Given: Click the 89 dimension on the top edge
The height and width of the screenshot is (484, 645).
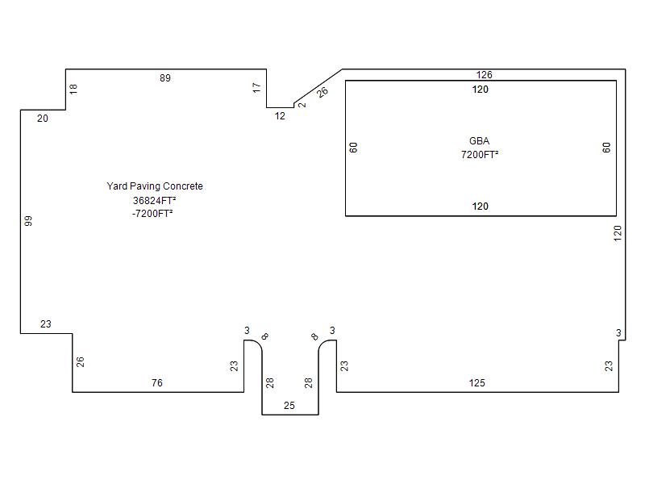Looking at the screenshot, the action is (x=165, y=77).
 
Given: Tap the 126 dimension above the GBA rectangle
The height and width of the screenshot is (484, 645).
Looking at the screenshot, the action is (x=485, y=74).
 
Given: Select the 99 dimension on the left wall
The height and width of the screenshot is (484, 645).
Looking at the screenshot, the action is (x=28, y=221).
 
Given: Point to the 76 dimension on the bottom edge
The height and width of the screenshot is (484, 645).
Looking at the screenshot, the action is (x=157, y=382).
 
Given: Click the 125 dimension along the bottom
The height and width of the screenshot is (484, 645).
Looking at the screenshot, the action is (x=476, y=382).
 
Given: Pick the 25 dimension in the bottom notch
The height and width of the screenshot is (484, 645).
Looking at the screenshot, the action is (x=289, y=406).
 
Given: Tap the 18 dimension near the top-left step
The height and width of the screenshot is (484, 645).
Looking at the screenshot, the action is (x=73, y=89).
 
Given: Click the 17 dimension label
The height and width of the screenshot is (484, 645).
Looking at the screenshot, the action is (x=256, y=88).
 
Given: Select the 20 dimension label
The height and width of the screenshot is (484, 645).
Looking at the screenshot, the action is (x=43, y=119).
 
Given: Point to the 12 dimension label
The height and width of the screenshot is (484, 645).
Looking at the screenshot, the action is (x=280, y=116).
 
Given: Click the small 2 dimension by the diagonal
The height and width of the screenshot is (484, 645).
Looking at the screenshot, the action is (x=302, y=105).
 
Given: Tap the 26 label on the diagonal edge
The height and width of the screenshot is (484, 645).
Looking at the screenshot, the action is (x=323, y=92).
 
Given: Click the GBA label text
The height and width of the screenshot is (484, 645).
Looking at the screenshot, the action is (x=479, y=140).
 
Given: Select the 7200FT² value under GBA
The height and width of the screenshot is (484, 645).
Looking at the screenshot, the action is (x=480, y=155).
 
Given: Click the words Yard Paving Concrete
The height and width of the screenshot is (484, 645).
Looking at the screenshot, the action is (x=155, y=186).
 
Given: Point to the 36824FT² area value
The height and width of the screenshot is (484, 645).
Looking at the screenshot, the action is (x=154, y=200).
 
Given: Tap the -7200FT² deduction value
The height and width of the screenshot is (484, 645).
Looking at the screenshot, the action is (x=152, y=214).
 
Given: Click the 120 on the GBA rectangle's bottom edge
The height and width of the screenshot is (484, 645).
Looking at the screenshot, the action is (x=480, y=207).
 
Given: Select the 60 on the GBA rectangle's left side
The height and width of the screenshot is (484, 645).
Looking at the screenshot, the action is (x=353, y=148).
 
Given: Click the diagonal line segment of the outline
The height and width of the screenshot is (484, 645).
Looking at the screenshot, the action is (x=318, y=86).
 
